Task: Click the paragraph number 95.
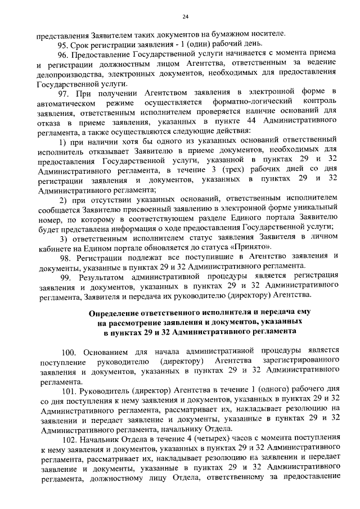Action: point(65,44)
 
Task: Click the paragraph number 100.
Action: point(69,350)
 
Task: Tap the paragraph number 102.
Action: point(69,437)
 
